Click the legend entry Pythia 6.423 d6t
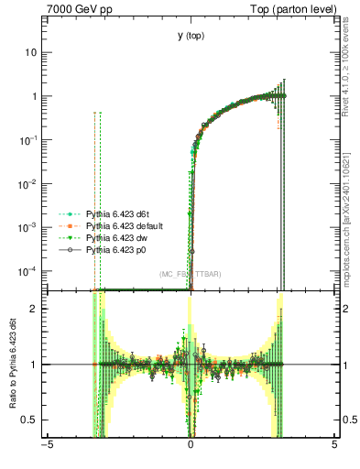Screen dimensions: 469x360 coord(120,213)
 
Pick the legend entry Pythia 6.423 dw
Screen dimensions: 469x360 coord(119,237)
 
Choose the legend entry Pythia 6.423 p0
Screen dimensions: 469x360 coord(118,249)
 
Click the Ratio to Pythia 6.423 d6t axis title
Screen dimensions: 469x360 coord(13,365)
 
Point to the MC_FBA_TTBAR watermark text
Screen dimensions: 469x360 coord(190,274)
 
